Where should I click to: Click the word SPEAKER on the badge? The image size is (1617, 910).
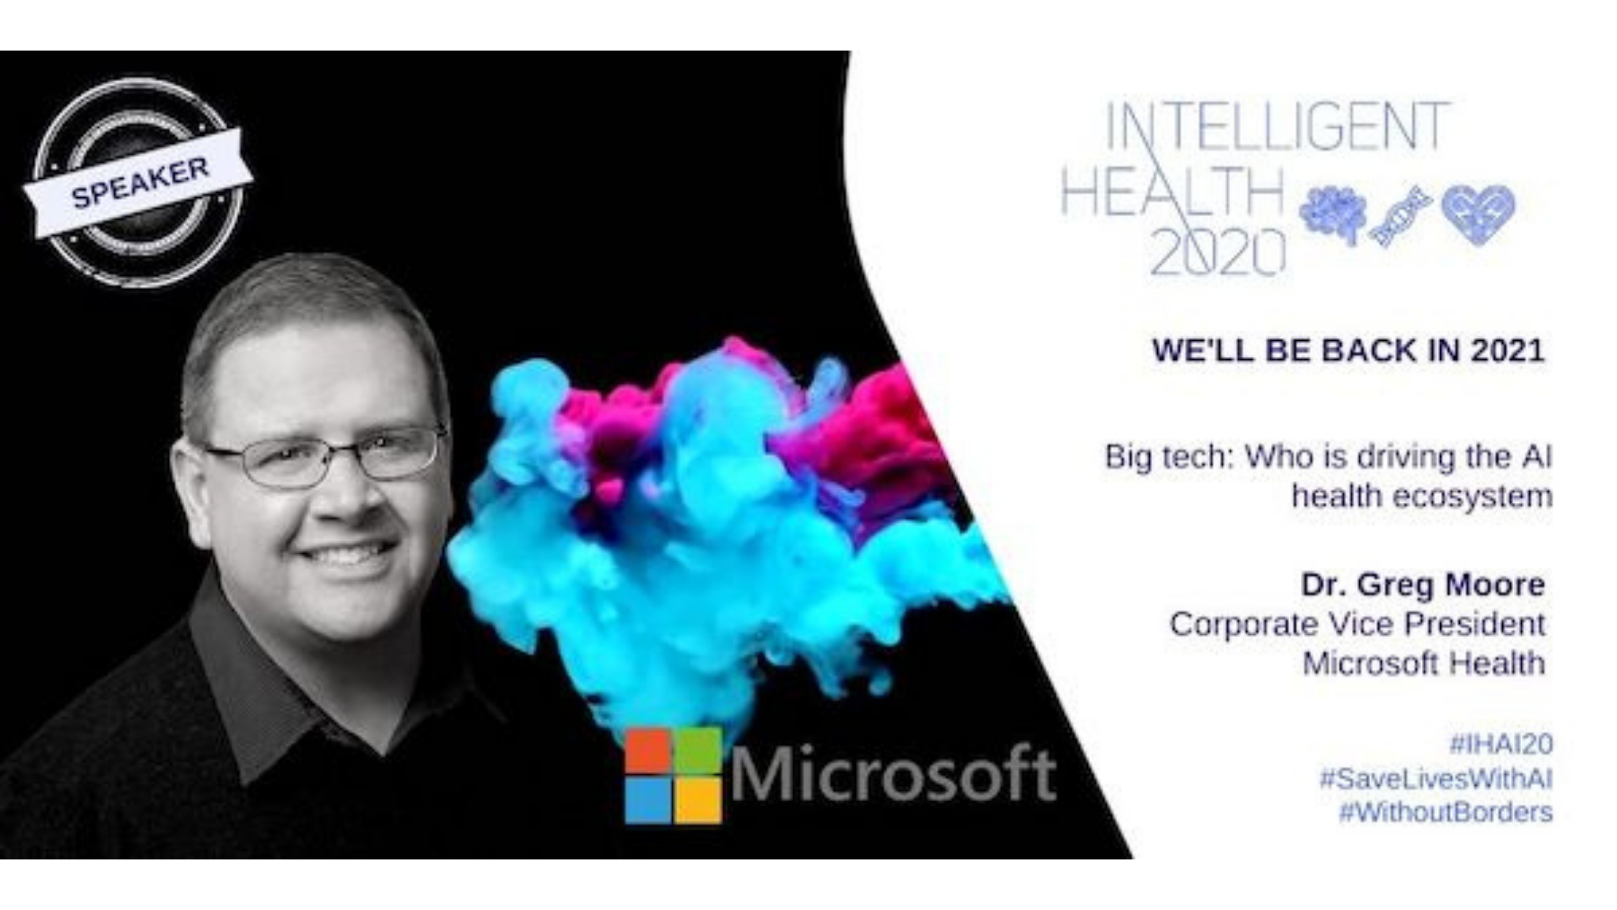click(140, 183)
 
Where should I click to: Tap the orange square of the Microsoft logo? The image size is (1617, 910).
click(648, 751)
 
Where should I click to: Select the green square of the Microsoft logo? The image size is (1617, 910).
click(698, 751)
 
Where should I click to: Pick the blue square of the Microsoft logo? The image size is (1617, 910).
click(648, 800)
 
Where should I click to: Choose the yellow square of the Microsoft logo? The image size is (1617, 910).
click(698, 800)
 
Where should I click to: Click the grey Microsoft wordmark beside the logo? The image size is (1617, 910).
click(893, 775)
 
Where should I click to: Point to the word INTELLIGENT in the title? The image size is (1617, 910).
click(1277, 127)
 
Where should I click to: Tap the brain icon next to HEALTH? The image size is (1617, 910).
click(1333, 213)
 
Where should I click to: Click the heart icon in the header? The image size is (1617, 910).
click(1478, 214)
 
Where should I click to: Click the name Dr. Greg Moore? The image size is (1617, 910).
click(1423, 584)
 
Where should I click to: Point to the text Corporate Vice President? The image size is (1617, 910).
click(1357, 624)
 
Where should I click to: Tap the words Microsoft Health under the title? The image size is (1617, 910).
click(1424, 663)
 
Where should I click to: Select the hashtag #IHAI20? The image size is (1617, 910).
click(1501, 744)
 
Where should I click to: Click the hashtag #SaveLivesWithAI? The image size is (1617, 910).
click(1436, 779)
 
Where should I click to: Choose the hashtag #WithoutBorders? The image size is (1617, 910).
click(1446, 812)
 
